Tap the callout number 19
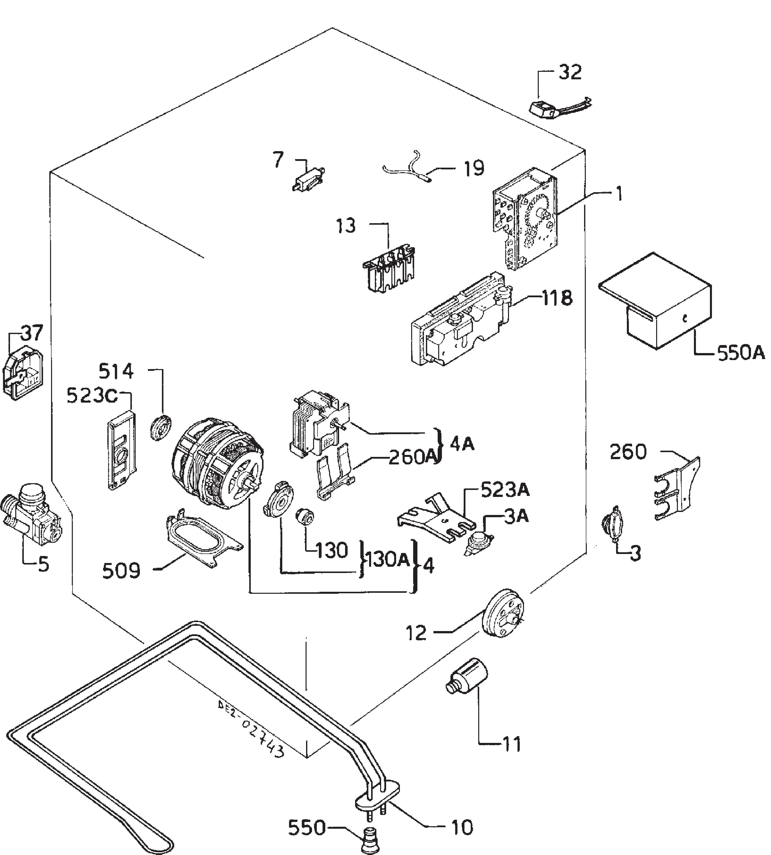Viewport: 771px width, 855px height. pos(474,169)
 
